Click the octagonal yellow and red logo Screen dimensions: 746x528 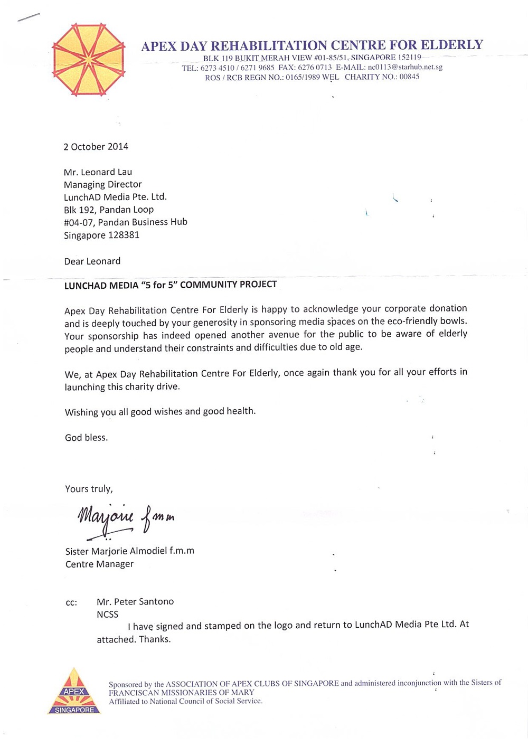click(88, 60)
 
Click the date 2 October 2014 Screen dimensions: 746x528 click(96, 147)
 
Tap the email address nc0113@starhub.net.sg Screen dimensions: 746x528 click(405, 67)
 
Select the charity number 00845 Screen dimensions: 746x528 click(409, 77)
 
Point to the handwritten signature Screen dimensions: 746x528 click(126, 519)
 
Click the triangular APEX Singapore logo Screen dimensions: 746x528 click(74, 692)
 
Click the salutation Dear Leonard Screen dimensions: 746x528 click(92, 261)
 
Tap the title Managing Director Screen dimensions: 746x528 click(102, 184)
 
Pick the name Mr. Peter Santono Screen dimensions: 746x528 click(135, 601)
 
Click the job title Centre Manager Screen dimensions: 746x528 click(99, 564)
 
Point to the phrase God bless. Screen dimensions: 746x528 click(86, 438)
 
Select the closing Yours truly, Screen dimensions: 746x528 click(89, 489)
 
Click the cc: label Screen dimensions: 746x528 click(71, 602)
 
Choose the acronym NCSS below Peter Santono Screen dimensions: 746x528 click(107, 614)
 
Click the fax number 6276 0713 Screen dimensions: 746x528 click(315, 67)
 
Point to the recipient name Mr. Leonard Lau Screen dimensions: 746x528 click(98, 172)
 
